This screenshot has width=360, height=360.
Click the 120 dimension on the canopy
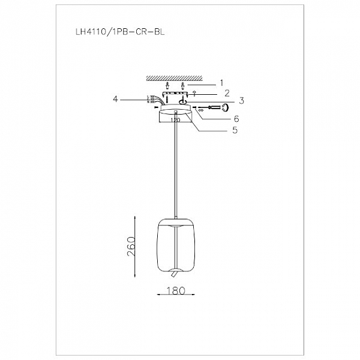point(176,120)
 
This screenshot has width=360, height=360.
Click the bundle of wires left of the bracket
point(153,100)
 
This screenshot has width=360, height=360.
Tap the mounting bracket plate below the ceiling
point(176,94)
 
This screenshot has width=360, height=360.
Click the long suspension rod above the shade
point(175,168)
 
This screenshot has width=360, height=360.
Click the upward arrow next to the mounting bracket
point(194,94)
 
